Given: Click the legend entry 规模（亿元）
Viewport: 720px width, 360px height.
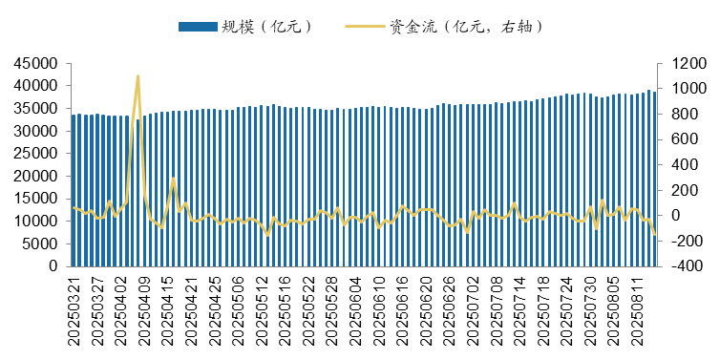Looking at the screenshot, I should (244, 26).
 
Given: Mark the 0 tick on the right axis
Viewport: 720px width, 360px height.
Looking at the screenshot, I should (672, 216).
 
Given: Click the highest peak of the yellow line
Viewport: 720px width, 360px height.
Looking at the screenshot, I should (138, 75).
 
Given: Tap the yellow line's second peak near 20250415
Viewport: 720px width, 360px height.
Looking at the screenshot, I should (173, 178).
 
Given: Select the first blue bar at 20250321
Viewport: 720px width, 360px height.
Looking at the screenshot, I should (74, 191).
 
